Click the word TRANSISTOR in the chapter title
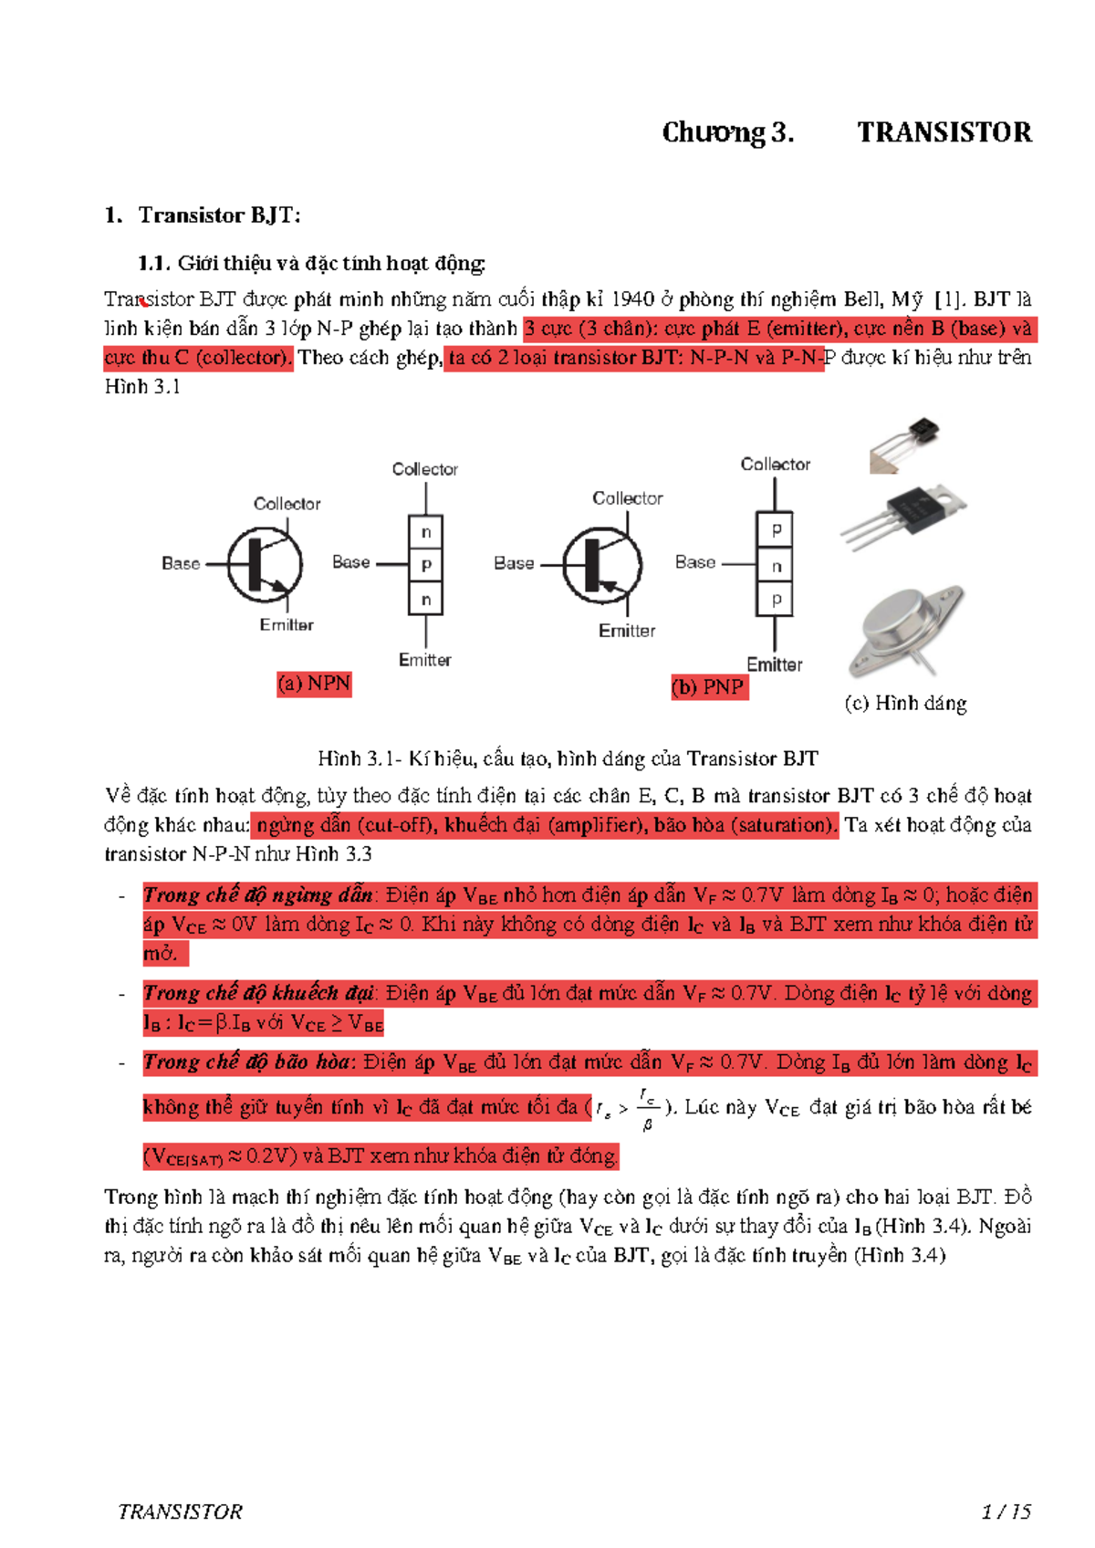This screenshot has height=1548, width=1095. tap(944, 133)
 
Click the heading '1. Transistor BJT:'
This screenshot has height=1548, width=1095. tap(203, 215)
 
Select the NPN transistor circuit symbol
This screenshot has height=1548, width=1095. tap(265, 565)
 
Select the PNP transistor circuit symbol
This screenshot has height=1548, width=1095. tap(602, 565)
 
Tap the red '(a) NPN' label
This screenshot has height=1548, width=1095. tap(314, 684)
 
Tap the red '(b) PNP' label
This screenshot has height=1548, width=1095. tap(709, 686)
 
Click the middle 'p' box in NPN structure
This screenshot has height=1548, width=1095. tap(425, 565)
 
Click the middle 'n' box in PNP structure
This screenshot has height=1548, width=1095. tap(776, 566)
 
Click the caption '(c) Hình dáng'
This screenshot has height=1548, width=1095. tap(905, 703)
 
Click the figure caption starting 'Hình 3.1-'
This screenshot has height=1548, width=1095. tap(568, 758)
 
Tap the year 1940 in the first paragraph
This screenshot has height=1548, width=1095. tap(632, 299)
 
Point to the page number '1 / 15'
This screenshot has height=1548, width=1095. tap(1006, 1512)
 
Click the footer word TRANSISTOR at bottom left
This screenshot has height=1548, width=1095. tap(180, 1512)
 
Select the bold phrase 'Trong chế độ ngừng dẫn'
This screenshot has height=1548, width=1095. tap(258, 894)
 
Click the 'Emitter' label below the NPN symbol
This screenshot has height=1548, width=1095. tap(286, 625)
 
